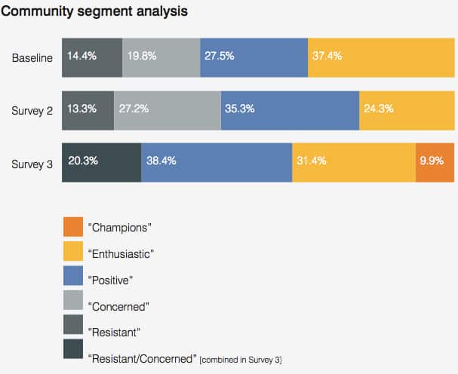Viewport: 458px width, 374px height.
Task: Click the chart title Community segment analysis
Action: coord(94,12)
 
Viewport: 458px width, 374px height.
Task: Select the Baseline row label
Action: coord(32,58)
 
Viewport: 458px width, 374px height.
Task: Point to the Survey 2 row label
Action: coord(32,110)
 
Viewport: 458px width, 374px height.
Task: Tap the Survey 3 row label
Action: coord(32,163)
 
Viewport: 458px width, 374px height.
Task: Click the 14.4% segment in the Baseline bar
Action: coord(91,57)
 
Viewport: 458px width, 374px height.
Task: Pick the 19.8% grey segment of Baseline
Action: coord(161,57)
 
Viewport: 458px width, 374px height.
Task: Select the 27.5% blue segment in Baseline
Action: coord(254,57)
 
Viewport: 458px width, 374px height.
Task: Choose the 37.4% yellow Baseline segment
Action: coord(380,57)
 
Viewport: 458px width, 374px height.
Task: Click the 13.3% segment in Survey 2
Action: coord(88,110)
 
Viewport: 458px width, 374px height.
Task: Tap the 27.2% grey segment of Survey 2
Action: coord(167,110)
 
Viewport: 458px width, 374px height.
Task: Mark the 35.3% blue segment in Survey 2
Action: coord(290,110)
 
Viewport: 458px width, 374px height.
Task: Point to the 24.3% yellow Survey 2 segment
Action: coord(406,110)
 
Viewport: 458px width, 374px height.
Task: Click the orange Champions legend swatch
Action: coord(72,226)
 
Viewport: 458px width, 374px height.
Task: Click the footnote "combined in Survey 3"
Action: coord(240,360)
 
